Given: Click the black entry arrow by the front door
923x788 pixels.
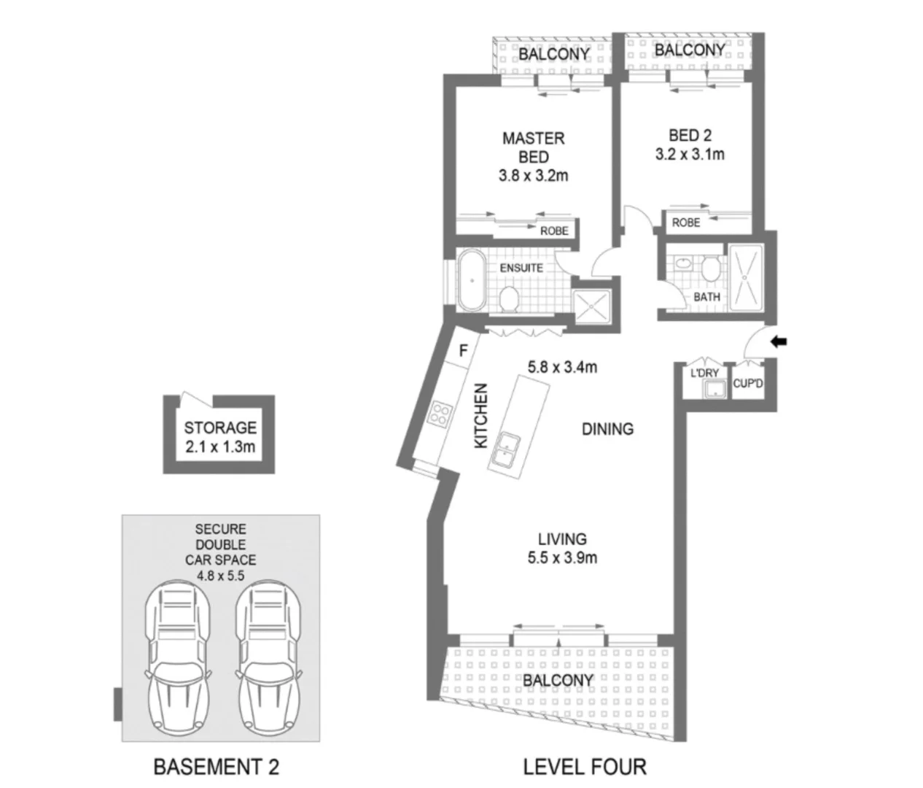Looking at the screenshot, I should click(779, 341).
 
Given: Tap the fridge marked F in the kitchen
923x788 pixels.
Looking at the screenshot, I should click(462, 350).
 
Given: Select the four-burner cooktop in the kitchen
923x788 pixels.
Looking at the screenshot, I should click(439, 414).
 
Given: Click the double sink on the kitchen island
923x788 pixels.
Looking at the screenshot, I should click(503, 449).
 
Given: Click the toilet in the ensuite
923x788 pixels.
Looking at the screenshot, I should click(509, 298).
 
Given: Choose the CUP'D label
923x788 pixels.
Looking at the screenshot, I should click(747, 382).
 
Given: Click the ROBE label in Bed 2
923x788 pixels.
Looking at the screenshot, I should click(685, 223).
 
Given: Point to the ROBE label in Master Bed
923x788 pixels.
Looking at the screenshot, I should click(554, 231).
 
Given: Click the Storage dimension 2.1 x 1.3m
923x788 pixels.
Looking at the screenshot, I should click(219, 447).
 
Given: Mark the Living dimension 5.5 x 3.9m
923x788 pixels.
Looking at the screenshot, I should click(562, 558).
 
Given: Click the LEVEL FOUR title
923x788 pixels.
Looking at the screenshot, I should click(584, 767).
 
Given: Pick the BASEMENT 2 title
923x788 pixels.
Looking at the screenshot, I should click(216, 767).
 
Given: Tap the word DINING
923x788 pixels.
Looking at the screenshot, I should click(607, 429).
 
